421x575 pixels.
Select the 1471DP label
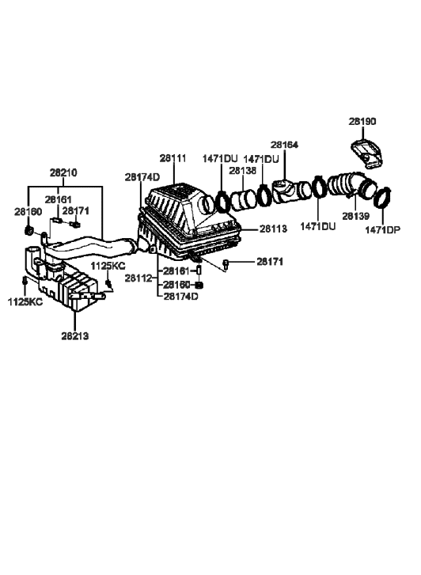click(x=383, y=229)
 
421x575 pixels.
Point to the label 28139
click(x=355, y=216)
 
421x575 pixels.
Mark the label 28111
click(x=173, y=158)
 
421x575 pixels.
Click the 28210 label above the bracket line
click(x=65, y=172)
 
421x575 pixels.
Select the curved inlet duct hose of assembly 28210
click(x=95, y=246)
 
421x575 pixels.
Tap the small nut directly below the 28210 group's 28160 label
click(x=28, y=231)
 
